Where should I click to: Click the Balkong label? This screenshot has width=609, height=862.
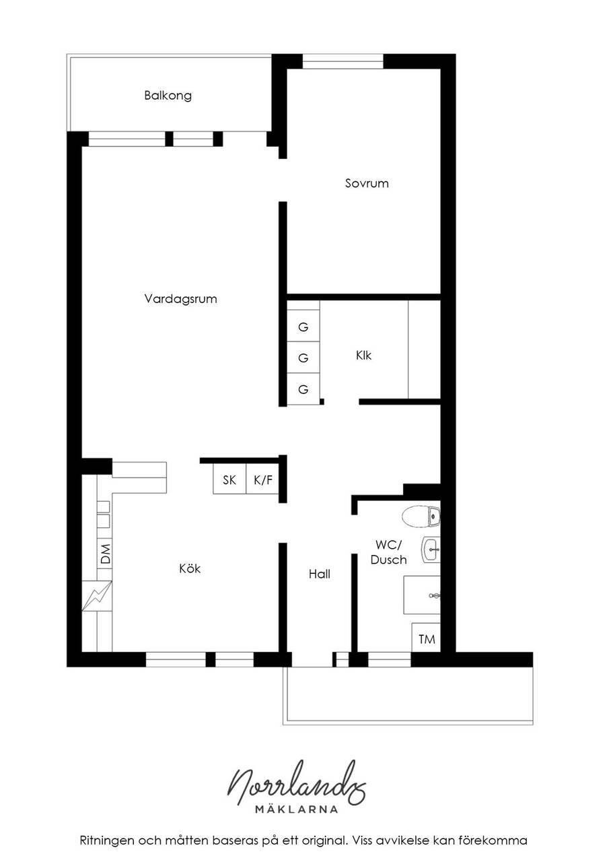pos(168,96)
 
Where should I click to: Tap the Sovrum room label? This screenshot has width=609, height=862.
pos(366,183)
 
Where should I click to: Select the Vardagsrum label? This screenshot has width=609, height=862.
pos(180,299)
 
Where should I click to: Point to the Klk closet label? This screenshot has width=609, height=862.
pos(363,355)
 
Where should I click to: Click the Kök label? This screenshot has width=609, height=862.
pos(190,568)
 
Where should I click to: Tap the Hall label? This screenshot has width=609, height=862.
pos(319,574)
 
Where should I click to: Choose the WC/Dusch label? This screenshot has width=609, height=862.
pos(388,552)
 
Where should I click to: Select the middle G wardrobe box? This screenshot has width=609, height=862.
pos(303,358)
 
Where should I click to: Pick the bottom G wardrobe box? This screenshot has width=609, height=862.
pos(303,389)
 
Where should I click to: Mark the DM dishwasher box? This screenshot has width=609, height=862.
pos(104,554)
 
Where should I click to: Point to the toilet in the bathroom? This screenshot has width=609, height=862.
pos(421,517)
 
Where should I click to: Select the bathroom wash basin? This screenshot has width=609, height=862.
pos(431,550)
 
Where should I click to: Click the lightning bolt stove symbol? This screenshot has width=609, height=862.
pos(97,596)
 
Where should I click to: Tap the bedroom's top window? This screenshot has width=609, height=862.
pos(343,61)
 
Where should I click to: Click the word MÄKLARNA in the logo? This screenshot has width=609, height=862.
pos(297,809)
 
